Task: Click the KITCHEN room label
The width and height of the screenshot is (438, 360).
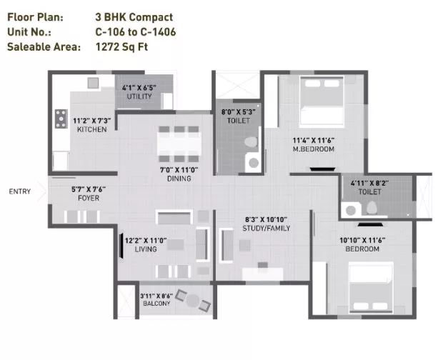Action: (x=91, y=129)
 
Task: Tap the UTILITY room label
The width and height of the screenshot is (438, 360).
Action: (x=139, y=96)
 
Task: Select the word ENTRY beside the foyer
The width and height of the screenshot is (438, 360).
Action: (x=19, y=191)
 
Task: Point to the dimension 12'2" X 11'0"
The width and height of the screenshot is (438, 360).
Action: (x=146, y=241)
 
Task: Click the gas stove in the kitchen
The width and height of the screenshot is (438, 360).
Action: (x=61, y=119)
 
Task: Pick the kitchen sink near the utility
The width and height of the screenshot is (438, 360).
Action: (x=93, y=83)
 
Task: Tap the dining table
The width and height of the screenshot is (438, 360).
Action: (x=179, y=144)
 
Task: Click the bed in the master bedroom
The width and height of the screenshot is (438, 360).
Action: (x=322, y=101)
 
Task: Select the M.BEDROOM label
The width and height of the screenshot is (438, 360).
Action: (x=314, y=149)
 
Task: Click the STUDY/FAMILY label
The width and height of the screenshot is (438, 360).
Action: (x=267, y=229)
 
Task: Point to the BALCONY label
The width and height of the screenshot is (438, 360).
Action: (x=156, y=304)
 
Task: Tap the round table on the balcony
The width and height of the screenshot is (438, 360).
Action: (x=193, y=301)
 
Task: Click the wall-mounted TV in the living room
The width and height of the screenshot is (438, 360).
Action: (x=121, y=246)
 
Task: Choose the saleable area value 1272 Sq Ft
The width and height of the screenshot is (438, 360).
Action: (x=121, y=47)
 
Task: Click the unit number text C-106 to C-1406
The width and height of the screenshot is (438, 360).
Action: (x=136, y=32)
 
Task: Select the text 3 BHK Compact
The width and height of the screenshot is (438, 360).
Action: (x=134, y=17)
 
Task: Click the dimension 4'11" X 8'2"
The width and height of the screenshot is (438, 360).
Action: (x=369, y=184)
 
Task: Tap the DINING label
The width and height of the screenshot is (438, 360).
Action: (x=179, y=179)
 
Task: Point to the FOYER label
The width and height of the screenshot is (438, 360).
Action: (x=89, y=199)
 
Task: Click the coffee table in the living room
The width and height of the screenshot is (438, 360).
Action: (x=176, y=245)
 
